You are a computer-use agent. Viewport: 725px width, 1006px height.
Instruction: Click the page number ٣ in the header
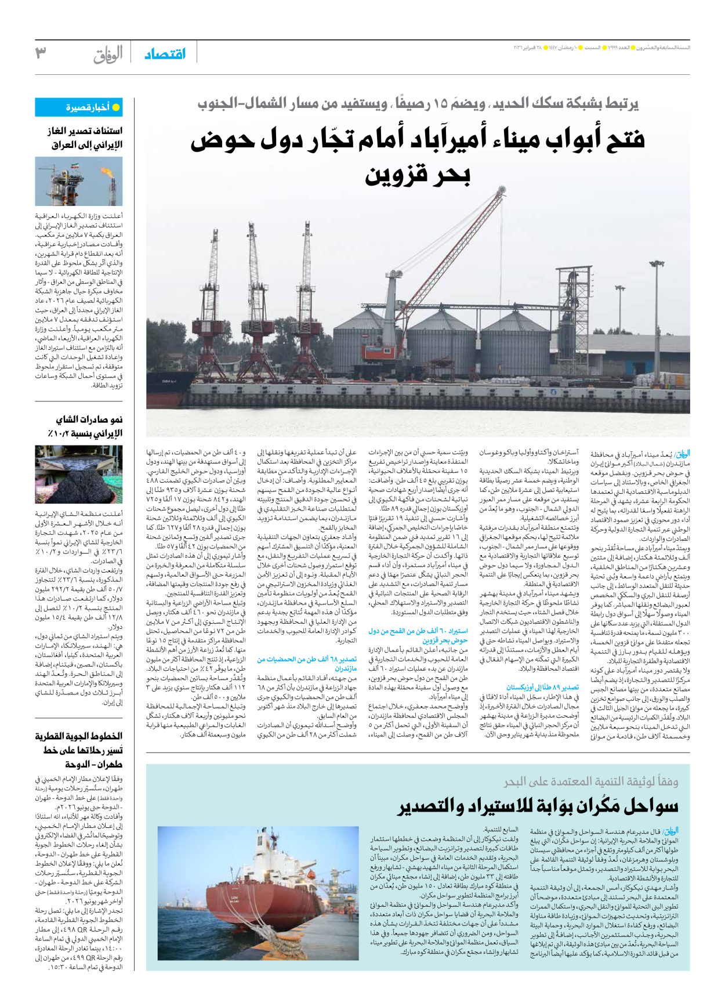pos(41,53)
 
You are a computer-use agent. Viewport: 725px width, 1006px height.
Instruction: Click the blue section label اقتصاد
pos(165,54)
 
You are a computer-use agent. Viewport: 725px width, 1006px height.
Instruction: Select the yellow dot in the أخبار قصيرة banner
pos(116,107)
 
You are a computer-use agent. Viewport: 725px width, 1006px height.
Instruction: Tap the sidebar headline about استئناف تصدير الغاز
pos(85,137)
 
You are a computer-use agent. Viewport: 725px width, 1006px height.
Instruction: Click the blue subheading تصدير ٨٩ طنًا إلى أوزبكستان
pos(542,687)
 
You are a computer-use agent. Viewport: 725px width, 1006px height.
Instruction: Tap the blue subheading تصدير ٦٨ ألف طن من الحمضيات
pos(307,664)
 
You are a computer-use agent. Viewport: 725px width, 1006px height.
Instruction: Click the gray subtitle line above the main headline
pos(418,104)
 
